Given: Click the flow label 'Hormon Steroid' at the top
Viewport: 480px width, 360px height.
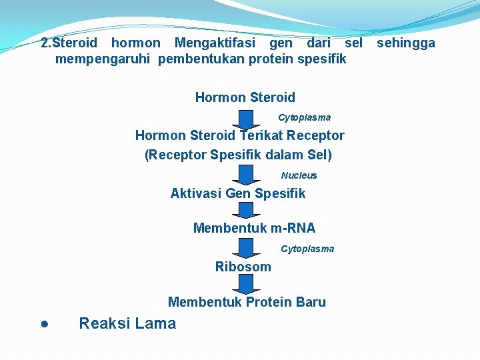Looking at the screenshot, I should point(245,97).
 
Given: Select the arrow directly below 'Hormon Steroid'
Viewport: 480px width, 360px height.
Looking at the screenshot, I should point(246,119).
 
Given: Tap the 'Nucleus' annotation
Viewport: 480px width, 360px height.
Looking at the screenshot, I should point(299,175).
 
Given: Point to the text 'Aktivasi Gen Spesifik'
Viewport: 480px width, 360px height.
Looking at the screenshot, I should point(237,193).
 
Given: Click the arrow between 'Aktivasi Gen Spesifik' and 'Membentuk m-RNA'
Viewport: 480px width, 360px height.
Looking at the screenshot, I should point(246,211).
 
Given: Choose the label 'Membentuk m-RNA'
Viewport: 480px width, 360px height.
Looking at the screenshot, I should point(254,228).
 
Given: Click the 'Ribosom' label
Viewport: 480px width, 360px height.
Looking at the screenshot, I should point(243,267).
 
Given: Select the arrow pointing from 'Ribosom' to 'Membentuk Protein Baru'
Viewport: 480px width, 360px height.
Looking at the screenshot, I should point(246,284).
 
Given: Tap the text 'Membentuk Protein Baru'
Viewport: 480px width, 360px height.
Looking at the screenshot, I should point(247,302).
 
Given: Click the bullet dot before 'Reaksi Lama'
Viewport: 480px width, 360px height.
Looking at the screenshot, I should point(43,325).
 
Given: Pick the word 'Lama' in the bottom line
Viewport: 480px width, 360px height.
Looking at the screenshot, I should point(155,323).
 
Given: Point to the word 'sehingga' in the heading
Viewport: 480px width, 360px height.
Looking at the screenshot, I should point(406,43).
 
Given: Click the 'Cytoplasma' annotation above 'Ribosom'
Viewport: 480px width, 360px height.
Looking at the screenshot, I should point(307,249).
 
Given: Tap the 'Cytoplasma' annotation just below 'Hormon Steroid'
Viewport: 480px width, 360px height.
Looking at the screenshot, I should point(304,117).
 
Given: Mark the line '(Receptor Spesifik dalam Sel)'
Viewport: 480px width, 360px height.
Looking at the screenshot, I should point(238,155).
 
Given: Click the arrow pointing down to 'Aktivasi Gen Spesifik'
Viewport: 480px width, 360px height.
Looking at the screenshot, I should point(246,175).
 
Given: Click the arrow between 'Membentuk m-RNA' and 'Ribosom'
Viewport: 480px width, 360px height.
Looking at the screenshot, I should point(246,247).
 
